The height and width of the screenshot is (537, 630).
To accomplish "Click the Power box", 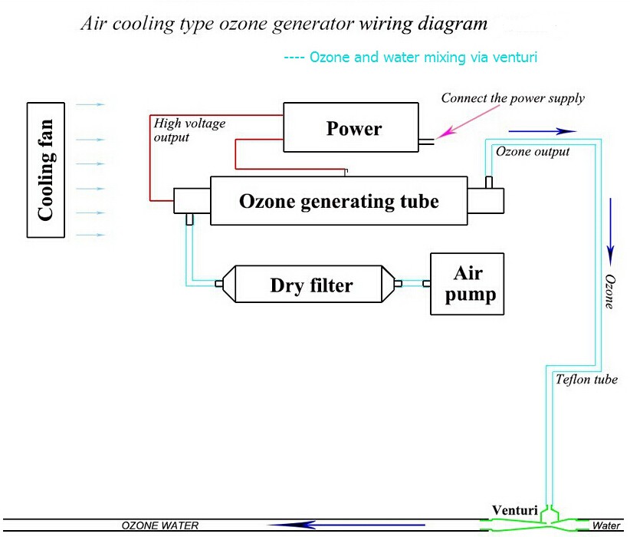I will tap(353, 127).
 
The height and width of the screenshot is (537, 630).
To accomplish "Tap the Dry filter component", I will tap(311, 285).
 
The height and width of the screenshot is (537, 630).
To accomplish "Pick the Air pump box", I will tap(468, 284).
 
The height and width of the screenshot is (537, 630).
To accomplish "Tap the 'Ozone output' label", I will tap(533, 151).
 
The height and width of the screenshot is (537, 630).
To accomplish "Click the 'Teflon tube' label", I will tap(586, 379).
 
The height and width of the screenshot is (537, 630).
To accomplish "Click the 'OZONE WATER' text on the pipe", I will tap(160, 526).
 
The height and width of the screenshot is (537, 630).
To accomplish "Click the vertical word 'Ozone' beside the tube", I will tap(610, 291).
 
